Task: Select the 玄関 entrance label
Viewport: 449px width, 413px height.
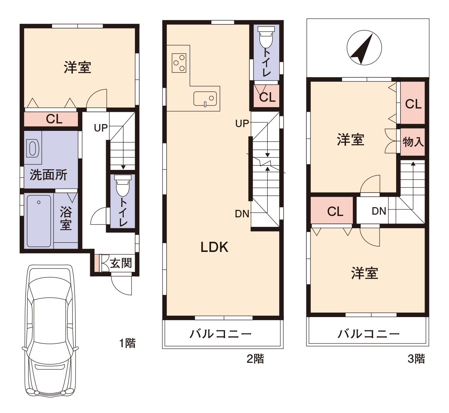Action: (121, 263)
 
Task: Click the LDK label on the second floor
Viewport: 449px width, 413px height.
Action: (215, 247)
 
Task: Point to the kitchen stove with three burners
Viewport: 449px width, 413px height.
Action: (179, 63)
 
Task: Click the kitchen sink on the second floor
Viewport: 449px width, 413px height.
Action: (205, 99)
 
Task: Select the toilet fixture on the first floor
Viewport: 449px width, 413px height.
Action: (123, 186)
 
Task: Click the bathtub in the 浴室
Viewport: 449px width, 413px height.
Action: (39, 221)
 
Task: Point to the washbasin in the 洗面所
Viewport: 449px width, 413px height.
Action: (33, 148)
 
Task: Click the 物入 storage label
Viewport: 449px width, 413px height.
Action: (413, 142)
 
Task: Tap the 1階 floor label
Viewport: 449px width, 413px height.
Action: (127, 343)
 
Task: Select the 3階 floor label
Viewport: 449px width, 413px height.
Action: (416, 358)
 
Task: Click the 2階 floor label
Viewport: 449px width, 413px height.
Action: (255, 358)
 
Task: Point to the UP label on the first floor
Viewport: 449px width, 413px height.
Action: (101, 128)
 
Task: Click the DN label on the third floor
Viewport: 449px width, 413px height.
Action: (379, 211)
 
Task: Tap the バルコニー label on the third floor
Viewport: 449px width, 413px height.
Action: (368, 334)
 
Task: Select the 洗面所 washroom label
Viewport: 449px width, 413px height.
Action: (48, 175)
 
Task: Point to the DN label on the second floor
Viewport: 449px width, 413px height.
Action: (242, 214)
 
